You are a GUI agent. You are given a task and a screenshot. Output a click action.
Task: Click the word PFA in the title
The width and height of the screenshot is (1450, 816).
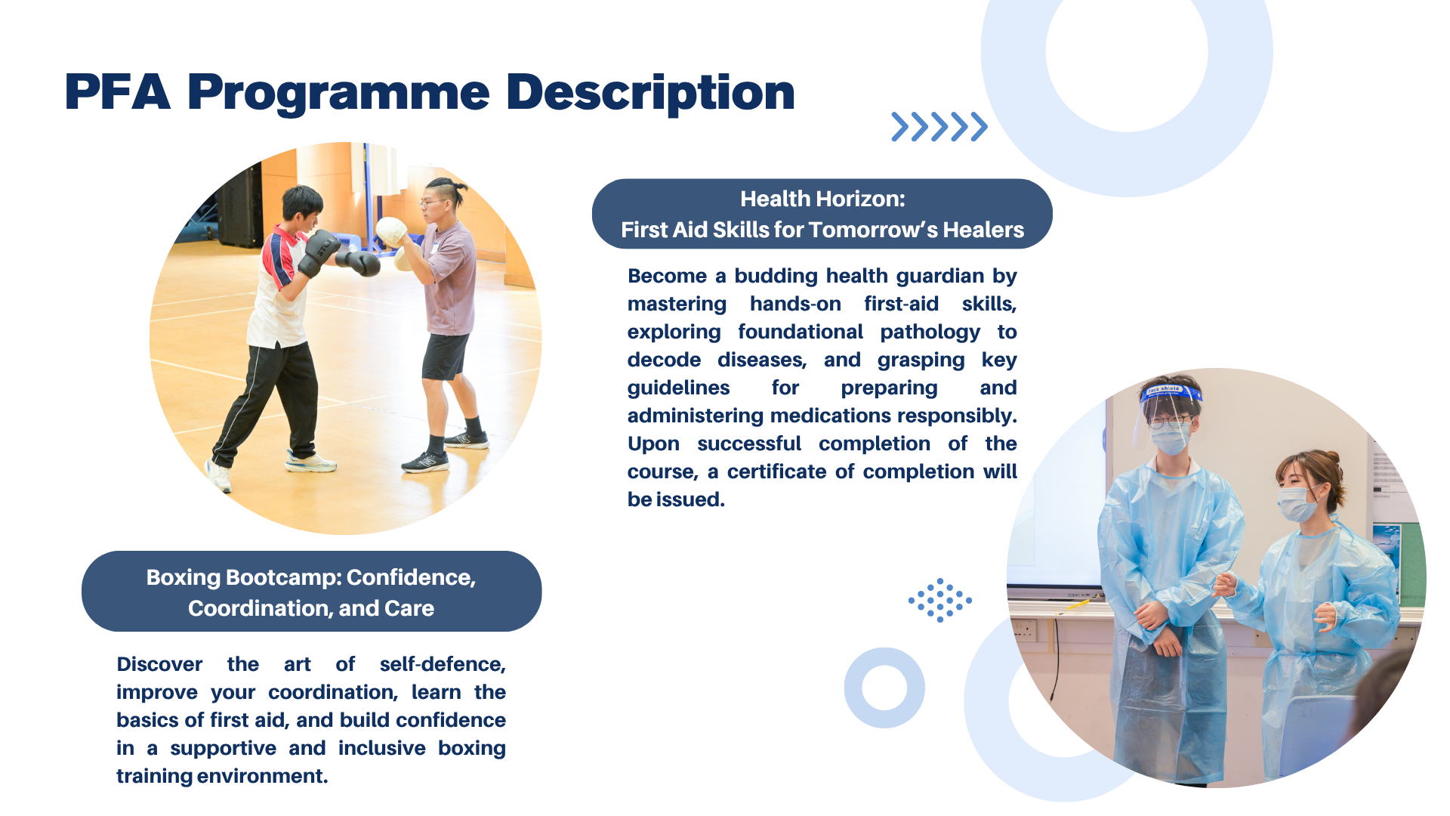point(117,92)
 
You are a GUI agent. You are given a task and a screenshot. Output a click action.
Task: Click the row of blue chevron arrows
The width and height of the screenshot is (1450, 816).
point(939,127)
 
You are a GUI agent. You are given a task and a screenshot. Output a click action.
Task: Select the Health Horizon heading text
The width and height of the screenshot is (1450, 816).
point(822,199)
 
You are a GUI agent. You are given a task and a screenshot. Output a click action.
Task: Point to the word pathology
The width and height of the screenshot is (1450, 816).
point(930,332)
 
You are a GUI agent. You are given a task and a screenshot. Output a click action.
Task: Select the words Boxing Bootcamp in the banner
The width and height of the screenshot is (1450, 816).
point(244,577)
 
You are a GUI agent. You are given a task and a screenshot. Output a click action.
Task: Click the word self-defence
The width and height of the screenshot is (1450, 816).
point(443,664)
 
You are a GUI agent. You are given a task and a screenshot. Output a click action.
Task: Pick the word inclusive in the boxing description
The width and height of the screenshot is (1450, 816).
point(381,748)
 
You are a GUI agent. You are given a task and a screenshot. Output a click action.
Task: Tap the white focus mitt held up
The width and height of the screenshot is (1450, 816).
point(391,230)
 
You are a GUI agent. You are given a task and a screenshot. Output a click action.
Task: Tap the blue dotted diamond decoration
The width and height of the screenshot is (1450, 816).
point(940,601)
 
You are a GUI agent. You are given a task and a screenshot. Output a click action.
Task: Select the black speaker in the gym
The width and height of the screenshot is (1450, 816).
point(240,208)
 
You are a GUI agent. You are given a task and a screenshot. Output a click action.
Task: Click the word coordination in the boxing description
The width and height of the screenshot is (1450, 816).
point(333,693)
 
